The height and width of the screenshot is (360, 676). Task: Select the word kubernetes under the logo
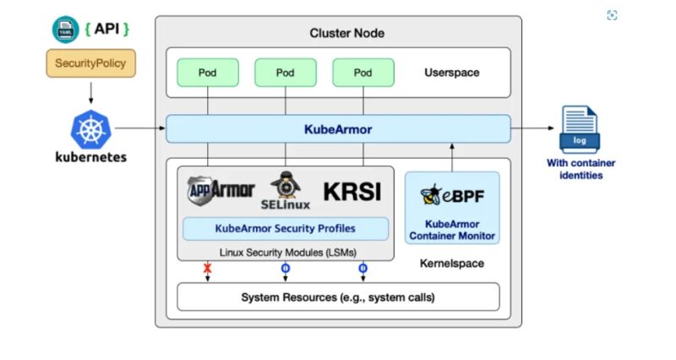90,157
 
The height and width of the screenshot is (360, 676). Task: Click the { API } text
107,29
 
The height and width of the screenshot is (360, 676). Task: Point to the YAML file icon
66,30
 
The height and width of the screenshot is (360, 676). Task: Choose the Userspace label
451,73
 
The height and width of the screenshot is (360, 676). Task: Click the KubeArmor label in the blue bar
338,129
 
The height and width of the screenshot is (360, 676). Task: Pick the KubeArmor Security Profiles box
286,228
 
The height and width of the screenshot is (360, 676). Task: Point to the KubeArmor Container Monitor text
452,230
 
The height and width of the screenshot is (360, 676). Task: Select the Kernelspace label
452,264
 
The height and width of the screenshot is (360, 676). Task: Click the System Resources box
337,297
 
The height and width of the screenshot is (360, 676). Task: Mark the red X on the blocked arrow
207,269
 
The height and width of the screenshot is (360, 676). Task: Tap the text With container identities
581,169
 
